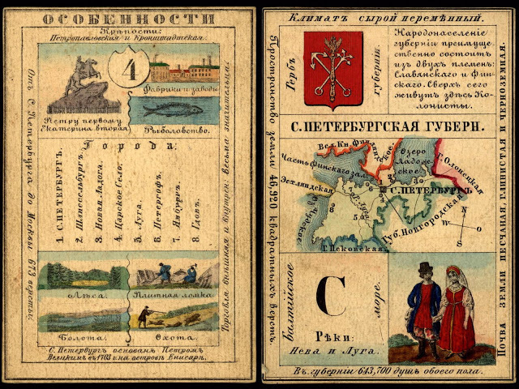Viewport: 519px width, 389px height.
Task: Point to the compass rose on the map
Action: pos(459,223)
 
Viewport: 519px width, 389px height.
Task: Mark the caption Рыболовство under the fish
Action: pos(176,129)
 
